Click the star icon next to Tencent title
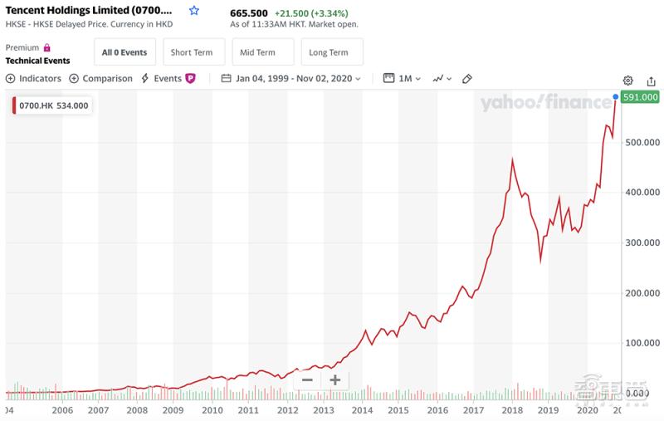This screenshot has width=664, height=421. point(194,11)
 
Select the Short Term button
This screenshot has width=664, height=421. point(193,52)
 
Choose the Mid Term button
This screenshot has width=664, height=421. point(262,52)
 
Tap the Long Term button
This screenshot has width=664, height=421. point(329,52)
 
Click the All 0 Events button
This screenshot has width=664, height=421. point(124,52)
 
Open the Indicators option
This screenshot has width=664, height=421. point(34,78)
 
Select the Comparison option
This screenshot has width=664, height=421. point(100,78)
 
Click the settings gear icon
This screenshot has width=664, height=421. point(628,80)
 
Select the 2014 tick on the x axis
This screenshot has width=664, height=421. point(361,410)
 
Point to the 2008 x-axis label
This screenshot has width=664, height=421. point(137,410)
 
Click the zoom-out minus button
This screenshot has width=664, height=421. point(307,380)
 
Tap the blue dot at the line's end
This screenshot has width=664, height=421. point(615,97)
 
